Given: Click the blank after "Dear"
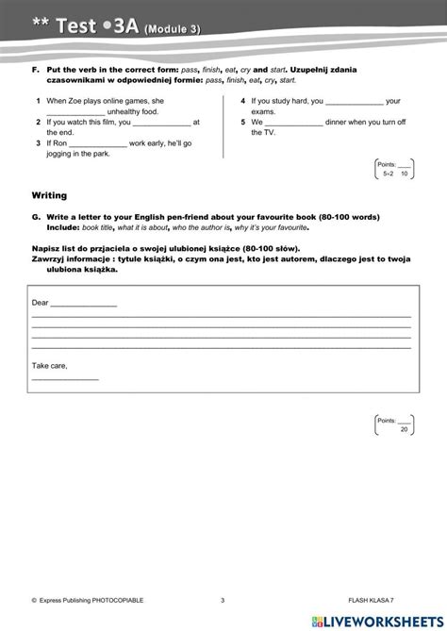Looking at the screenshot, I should [x=84, y=306].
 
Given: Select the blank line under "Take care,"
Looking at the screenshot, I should [x=65, y=378].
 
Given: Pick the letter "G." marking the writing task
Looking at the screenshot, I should [x=35, y=216].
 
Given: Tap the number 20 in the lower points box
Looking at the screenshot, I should [x=405, y=429].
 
